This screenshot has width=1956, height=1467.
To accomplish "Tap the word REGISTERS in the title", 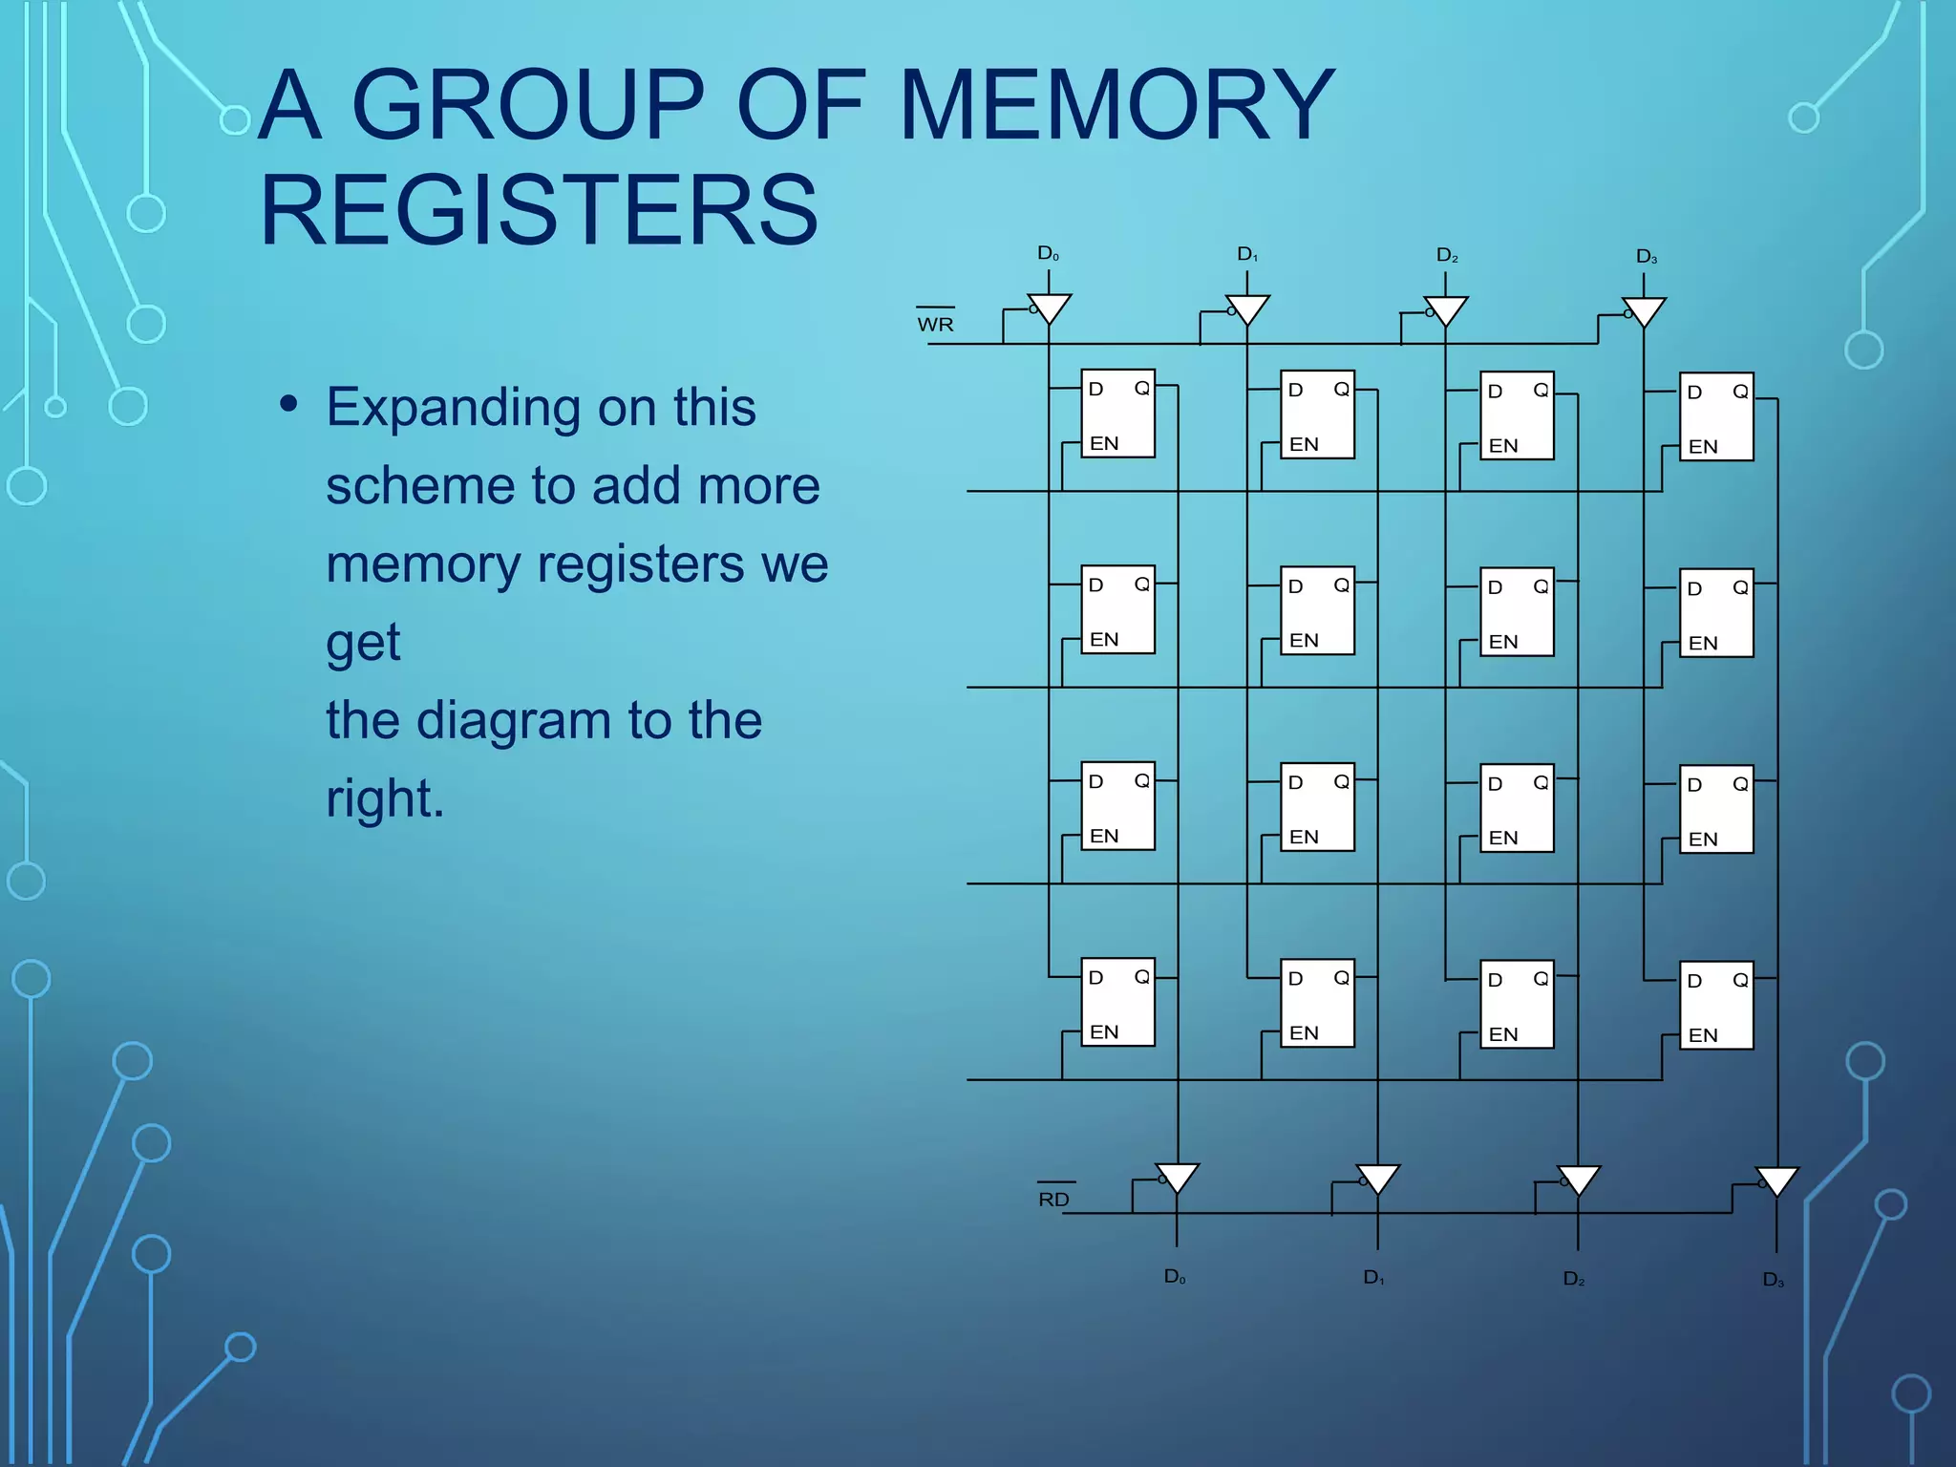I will (x=539, y=210).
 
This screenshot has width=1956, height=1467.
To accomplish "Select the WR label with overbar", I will (x=935, y=324).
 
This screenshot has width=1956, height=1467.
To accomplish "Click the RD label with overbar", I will (x=1053, y=1199).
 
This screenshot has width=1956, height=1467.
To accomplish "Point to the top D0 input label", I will (x=1048, y=253).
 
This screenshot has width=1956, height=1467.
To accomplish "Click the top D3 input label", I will (x=1646, y=256).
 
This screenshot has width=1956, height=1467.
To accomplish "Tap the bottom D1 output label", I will (x=1373, y=1277).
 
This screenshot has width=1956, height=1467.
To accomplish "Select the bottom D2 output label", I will (x=1573, y=1278).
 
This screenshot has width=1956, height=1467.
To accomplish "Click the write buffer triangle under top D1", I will (x=1247, y=308).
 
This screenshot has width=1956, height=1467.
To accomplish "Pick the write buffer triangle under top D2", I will (x=1446, y=309).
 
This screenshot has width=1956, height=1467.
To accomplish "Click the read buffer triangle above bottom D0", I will (x=1177, y=1177).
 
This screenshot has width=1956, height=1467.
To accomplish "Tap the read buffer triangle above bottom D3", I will (x=1776, y=1180).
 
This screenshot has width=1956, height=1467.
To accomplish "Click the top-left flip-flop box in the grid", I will (x=1117, y=414).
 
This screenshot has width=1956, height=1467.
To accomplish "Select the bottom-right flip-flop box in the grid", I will (x=1716, y=1005).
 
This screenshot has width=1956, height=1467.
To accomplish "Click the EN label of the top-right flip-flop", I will (x=1703, y=446).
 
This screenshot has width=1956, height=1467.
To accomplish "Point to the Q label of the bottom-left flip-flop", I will (x=1141, y=976).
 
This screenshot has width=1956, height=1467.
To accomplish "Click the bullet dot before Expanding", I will (x=288, y=403).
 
